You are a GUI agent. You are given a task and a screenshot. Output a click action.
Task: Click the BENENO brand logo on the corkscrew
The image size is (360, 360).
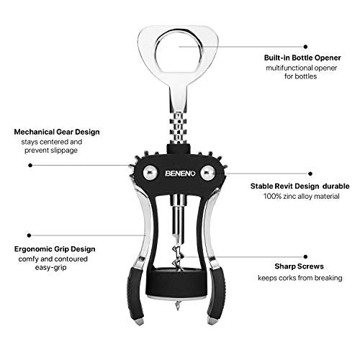click(180, 174)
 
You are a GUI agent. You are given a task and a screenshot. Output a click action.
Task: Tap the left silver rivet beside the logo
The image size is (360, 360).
click(150, 173)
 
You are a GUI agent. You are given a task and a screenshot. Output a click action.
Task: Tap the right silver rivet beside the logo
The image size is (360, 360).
click(208, 173)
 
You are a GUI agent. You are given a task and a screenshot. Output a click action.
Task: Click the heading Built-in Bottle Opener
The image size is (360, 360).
click(302, 58)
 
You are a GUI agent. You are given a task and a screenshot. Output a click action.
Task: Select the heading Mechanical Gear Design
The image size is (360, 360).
click(57, 132)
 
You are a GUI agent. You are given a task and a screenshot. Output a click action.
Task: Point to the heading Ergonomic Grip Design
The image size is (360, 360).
click(55, 249)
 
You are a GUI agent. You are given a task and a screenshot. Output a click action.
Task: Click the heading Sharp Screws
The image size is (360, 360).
click(299, 266)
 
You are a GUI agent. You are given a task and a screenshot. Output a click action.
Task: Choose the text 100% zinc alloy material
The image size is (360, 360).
click(302, 197)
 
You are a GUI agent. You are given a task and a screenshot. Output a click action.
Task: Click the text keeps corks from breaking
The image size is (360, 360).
click(300, 278)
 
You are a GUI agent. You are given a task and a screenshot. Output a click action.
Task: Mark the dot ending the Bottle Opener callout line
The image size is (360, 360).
click(305, 47)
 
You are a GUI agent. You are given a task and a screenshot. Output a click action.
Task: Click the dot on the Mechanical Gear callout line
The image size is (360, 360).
click(30, 165)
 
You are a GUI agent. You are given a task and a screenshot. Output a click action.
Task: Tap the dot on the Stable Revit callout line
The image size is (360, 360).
click(310, 174)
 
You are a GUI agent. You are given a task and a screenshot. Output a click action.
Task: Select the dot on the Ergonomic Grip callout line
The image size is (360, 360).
click(30, 235)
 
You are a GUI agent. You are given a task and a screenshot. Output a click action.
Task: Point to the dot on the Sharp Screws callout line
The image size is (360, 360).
click(305, 257)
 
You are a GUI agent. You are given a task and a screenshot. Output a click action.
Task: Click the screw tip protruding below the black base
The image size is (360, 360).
click(177, 305)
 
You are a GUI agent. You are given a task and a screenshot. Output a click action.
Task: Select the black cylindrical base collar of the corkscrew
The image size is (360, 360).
click(177, 284)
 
